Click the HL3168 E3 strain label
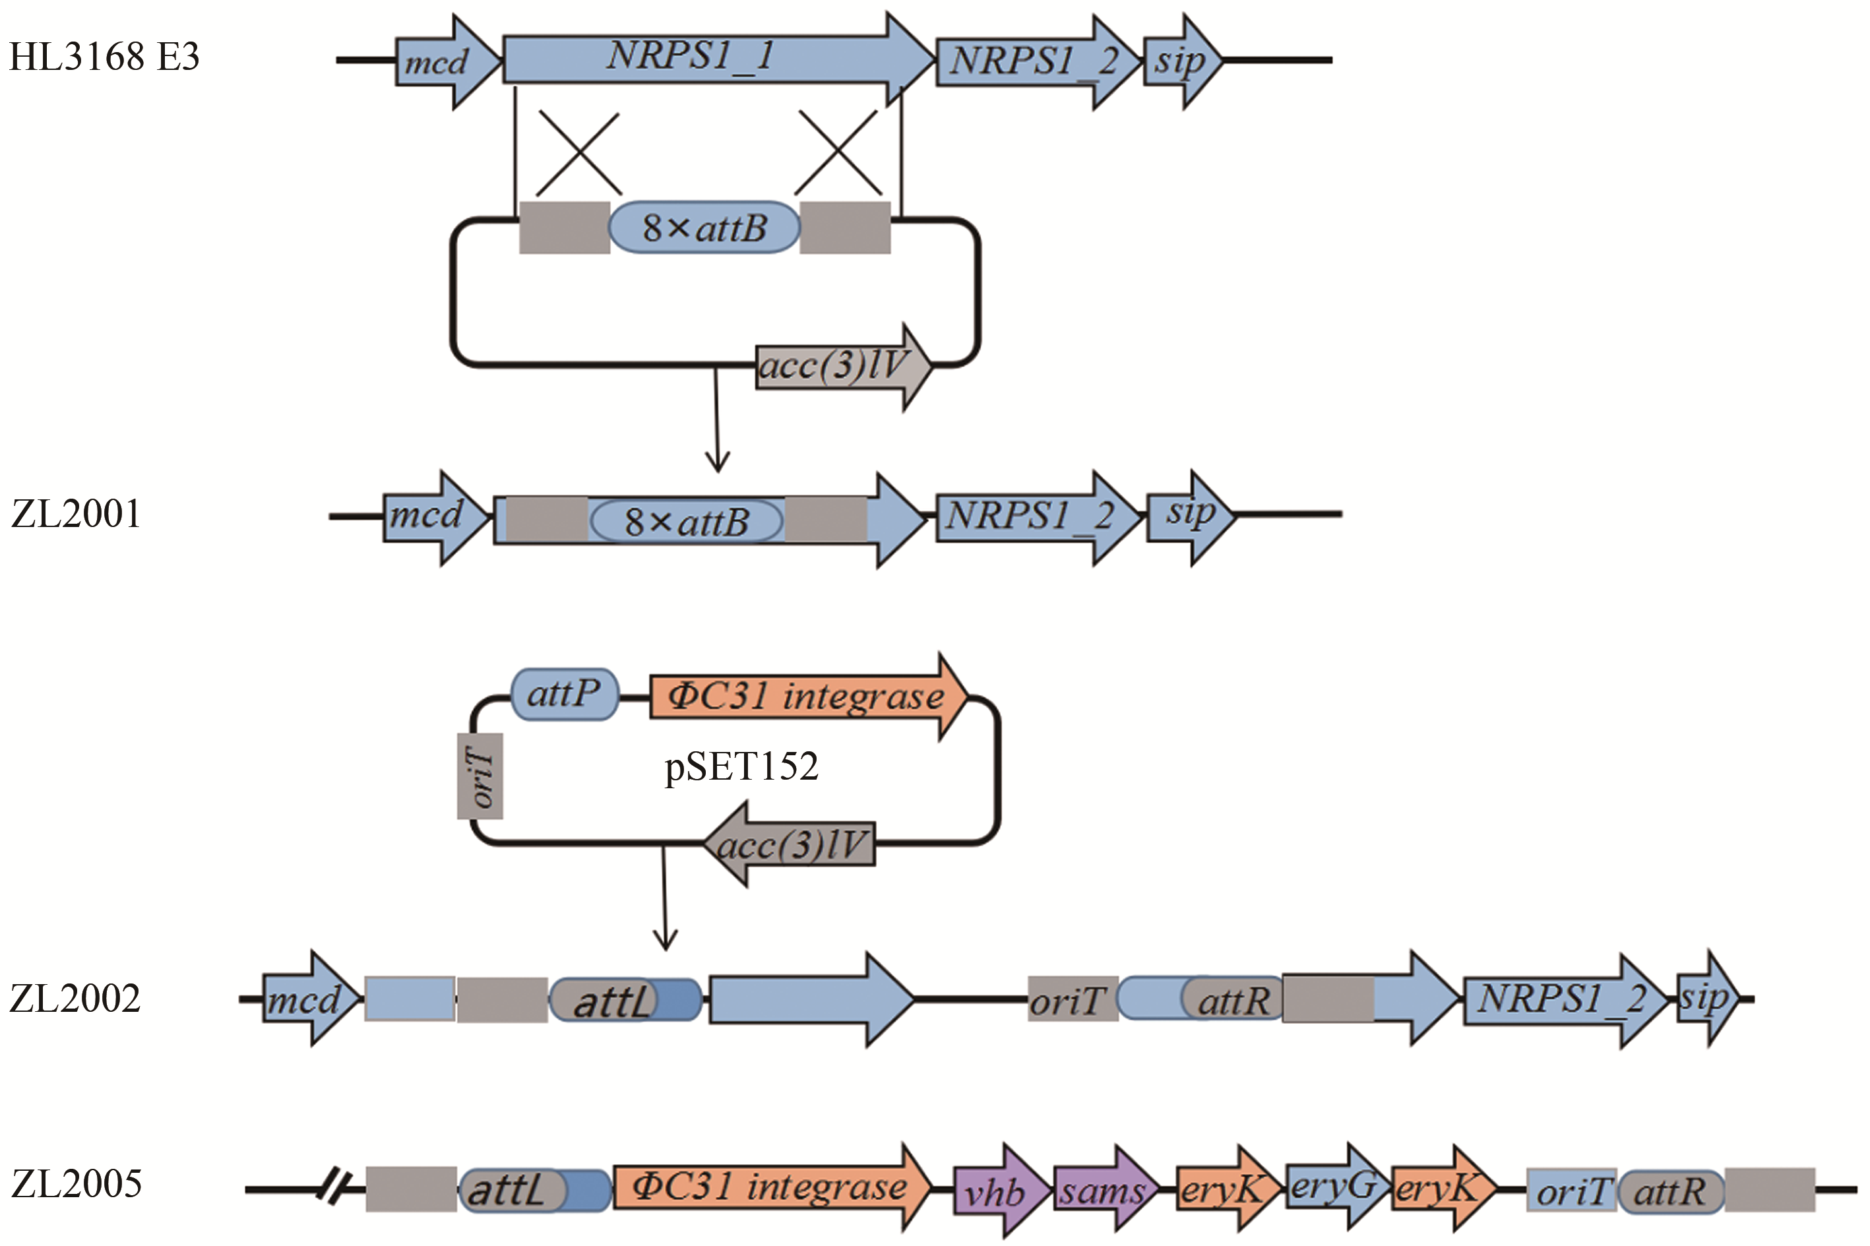tap(104, 57)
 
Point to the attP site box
tap(563, 695)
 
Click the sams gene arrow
tap(1103, 1191)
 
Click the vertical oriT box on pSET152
tap(480, 776)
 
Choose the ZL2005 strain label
tap(77, 1184)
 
